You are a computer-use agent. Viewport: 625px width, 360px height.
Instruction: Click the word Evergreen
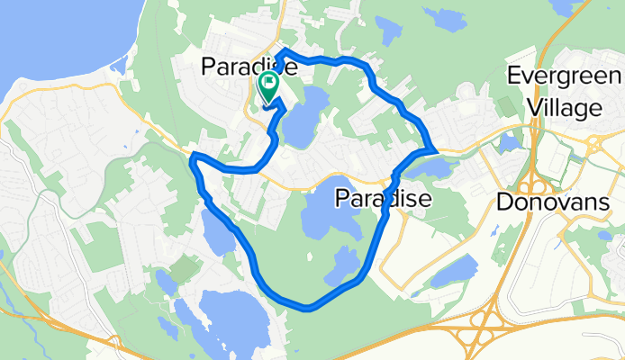click(563, 76)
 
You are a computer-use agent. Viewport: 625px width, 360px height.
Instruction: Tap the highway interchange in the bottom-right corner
click(482, 334)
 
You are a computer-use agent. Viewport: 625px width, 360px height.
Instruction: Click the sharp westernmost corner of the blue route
click(194, 159)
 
